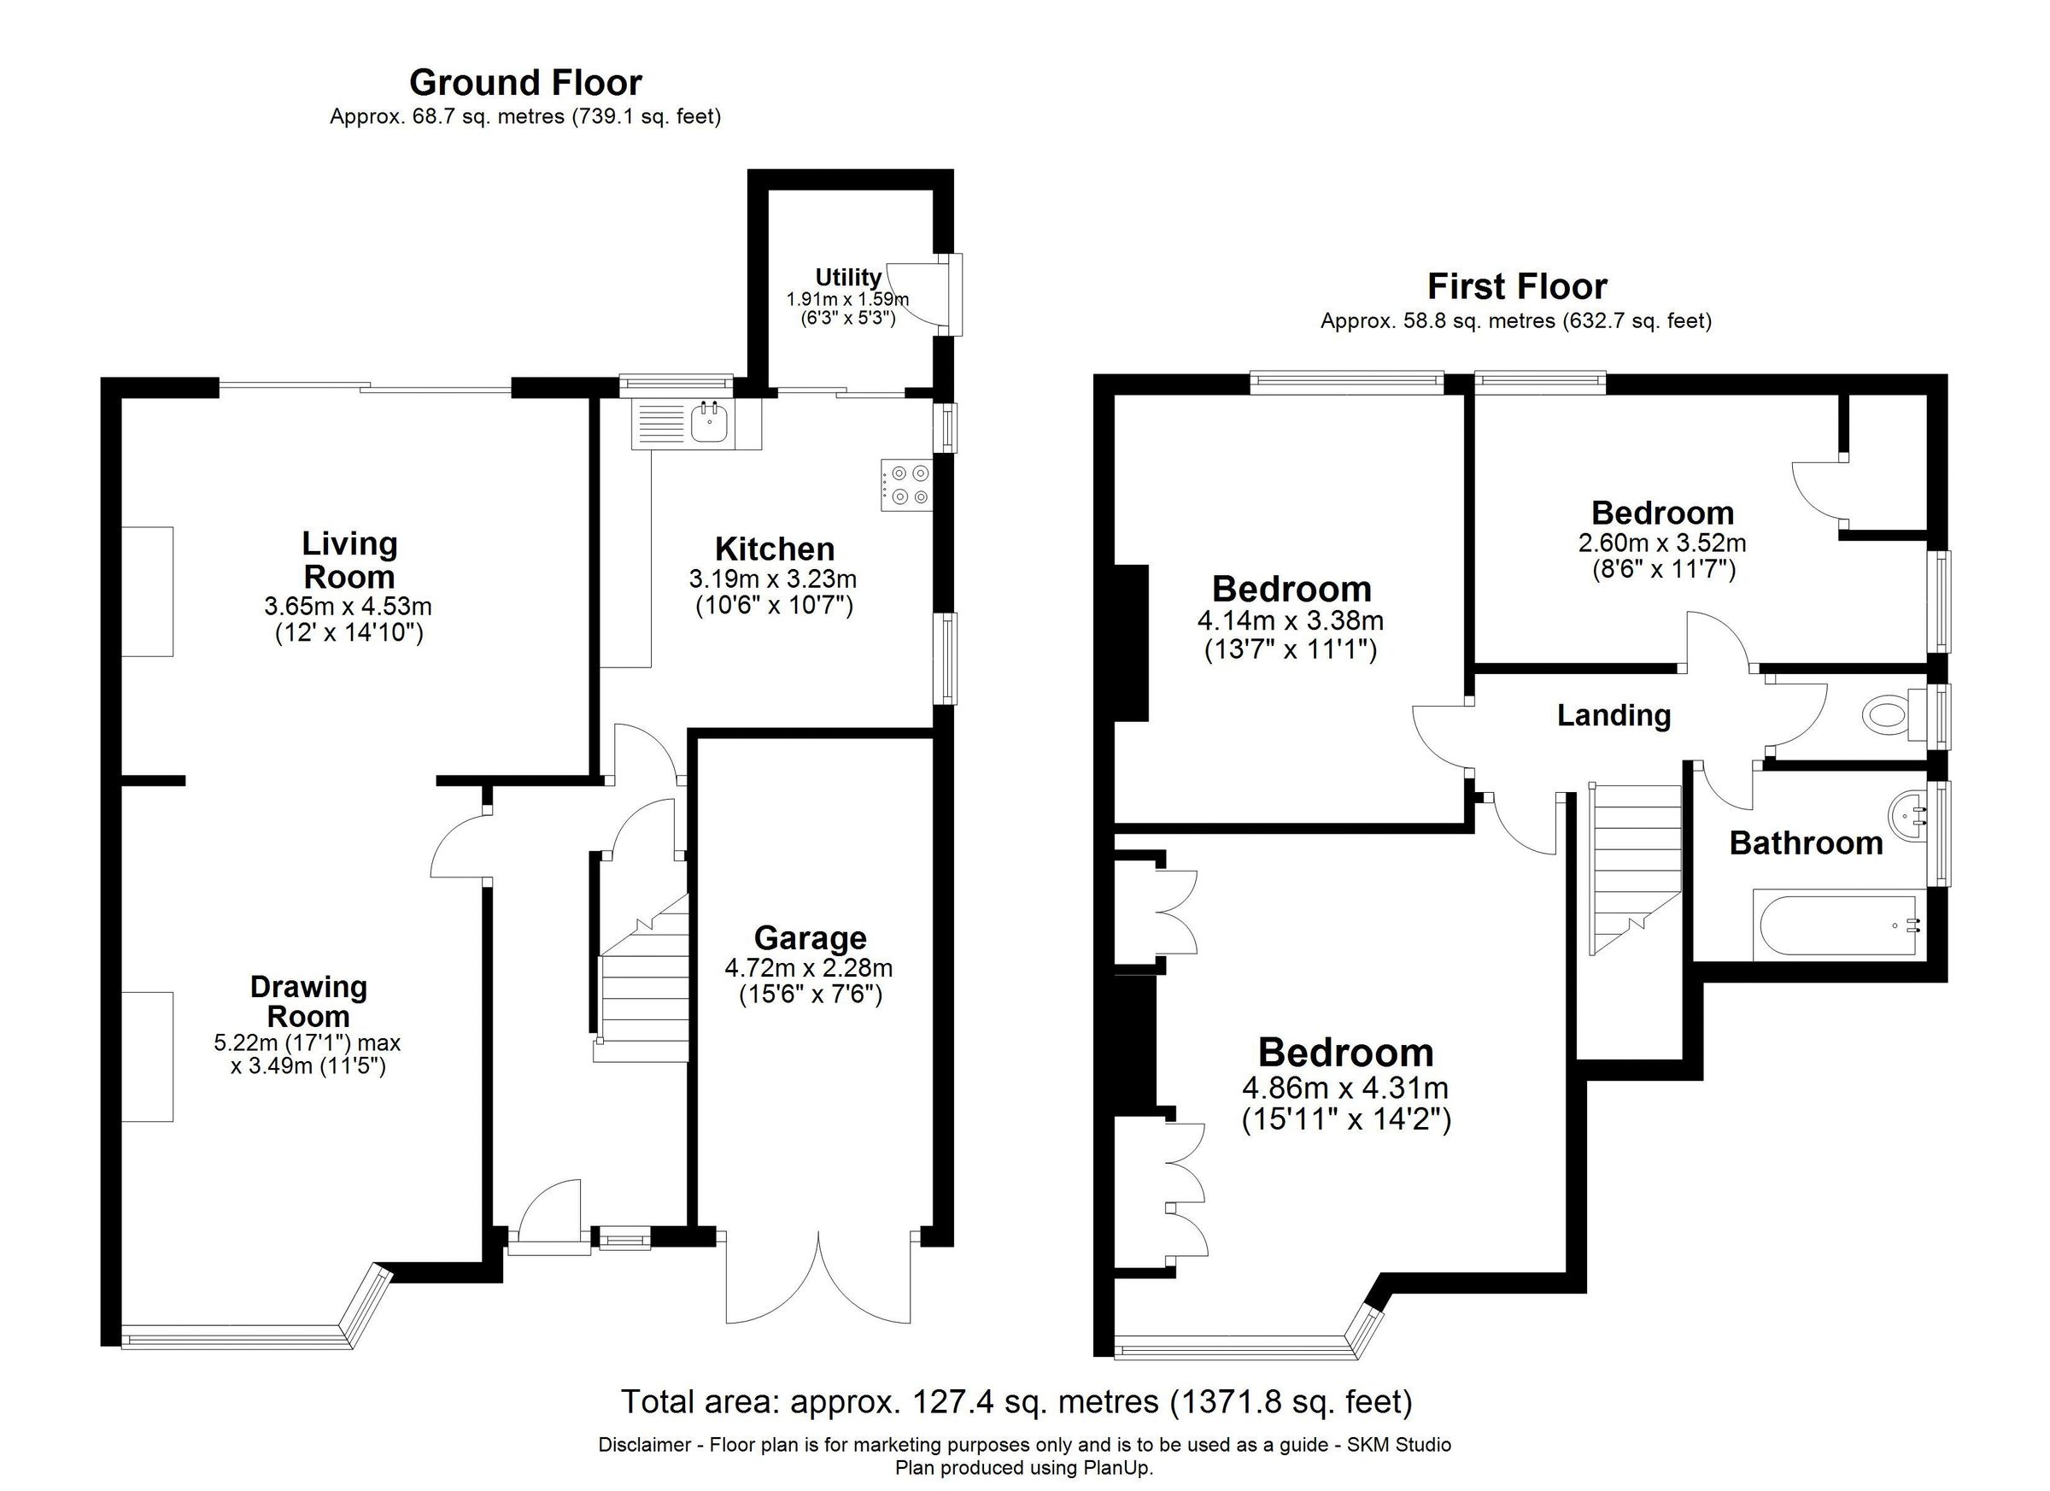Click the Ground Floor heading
pos(525,82)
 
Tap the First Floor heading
pos(1517,286)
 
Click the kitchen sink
pos(710,423)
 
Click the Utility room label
pos(848,278)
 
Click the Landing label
pos(1614,715)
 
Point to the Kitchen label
pos(775,549)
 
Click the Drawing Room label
pos(308,1001)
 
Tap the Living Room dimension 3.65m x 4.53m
pos(348,606)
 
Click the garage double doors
pos(819,1283)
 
